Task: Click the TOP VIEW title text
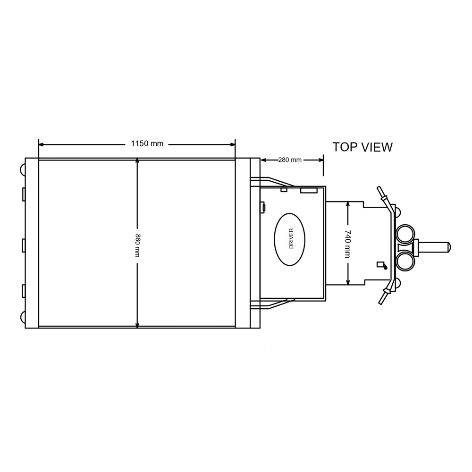click(x=362, y=147)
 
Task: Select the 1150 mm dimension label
click(x=147, y=143)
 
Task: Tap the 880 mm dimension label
click(x=137, y=245)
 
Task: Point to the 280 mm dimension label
click(x=290, y=160)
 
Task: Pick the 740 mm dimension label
click(x=347, y=244)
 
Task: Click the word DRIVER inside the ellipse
click(x=291, y=239)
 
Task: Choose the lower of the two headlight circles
click(x=405, y=261)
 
